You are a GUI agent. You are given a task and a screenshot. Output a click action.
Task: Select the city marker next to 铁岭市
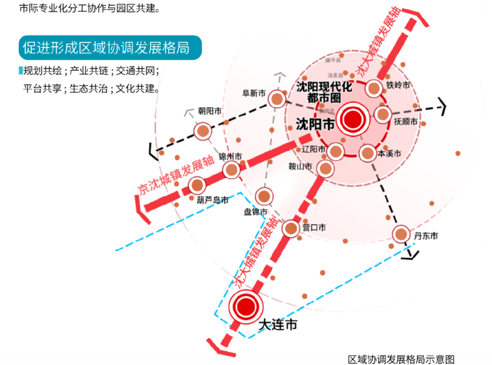(374, 88)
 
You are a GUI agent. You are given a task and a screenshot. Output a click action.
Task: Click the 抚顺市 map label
(406, 121)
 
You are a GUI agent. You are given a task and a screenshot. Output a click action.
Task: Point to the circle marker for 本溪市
(367, 153)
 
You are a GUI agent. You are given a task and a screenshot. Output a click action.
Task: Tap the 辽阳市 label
(314, 149)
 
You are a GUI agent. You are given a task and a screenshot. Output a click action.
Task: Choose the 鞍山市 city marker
(325, 168)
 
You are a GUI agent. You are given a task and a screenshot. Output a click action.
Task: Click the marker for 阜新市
(276, 99)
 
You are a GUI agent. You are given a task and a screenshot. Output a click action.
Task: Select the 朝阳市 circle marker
(203, 131)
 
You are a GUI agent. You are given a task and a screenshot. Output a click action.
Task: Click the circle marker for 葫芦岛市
(197, 185)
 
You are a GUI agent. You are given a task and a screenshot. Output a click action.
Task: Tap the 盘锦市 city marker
(264, 196)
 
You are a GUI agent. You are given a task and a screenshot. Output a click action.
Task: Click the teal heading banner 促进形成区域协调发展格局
(110, 48)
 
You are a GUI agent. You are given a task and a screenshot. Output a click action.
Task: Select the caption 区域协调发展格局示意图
(401, 359)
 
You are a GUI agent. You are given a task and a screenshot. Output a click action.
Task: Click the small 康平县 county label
(332, 61)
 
